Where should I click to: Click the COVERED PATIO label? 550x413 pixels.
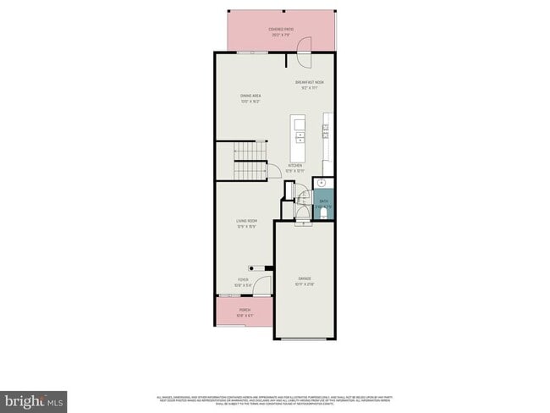pyautogui.click(x=281, y=30)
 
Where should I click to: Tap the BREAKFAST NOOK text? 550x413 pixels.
pyautogui.click(x=310, y=82)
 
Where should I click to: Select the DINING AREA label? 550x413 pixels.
pyautogui.click(x=250, y=96)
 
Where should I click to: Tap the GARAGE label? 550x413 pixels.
pyautogui.click(x=304, y=278)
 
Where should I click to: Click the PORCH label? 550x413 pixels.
pyautogui.click(x=245, y=311)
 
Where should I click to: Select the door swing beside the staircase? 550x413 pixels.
pyautogui.click(x=273, y=173)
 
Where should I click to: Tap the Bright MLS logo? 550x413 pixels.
pyautogui.click(x=34, y=399)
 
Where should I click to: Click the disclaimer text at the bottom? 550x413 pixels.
pyautogui.click(x=275, y=401)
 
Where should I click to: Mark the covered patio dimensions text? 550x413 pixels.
pyautogui.click(x=281, y=35)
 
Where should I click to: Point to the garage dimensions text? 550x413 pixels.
pyautogui.click(x=304, y=284)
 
